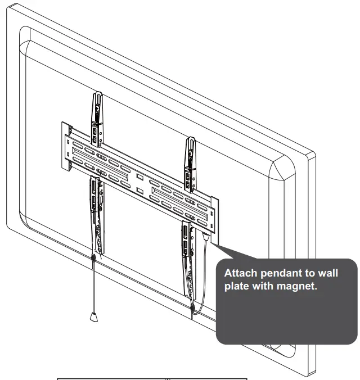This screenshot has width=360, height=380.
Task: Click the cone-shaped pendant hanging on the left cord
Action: [93, 316]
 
